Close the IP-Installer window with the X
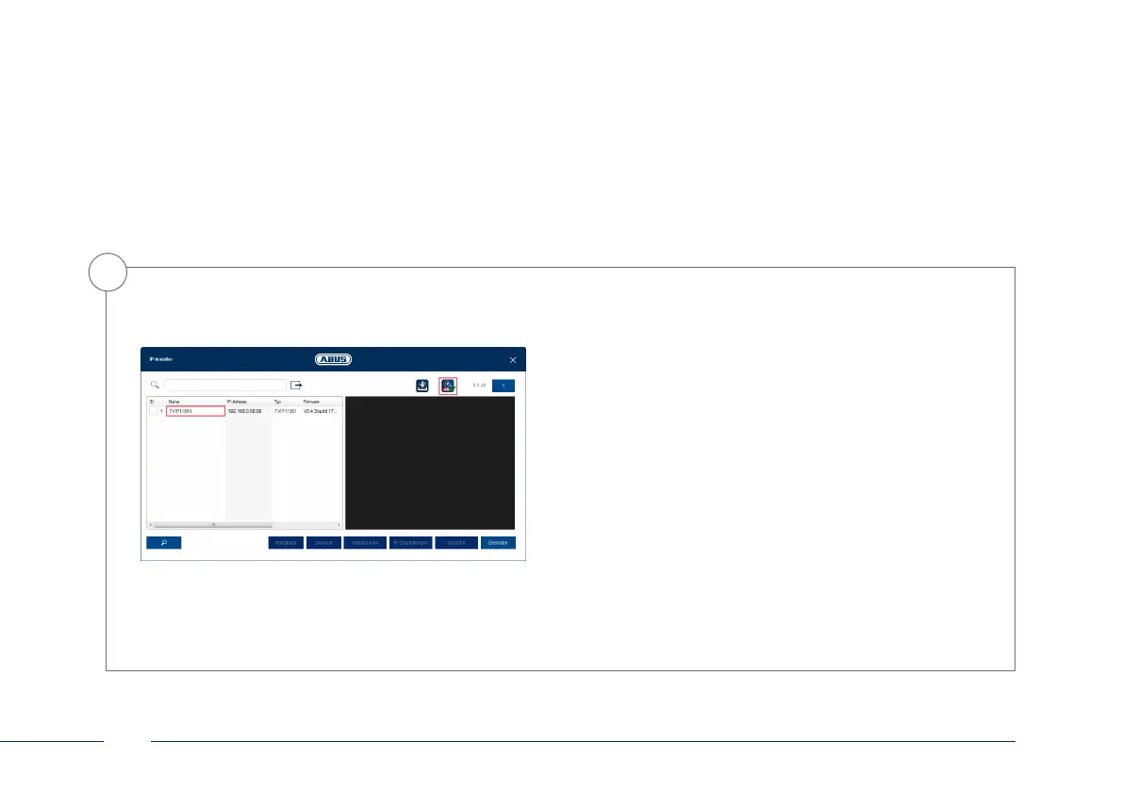(x=513, y=360)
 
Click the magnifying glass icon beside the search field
(x=155, y=385)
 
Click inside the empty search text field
(x=224, y=385)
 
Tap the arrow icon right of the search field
(x=296, y=385)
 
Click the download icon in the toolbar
(x=422, y=385)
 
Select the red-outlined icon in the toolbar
(x=448, y=385)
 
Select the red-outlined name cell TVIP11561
(x=195, y=411)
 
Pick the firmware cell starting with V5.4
(x=321, y=411)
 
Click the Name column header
(x=173, y=401)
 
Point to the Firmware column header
(x=312, y=401)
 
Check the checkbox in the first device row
(x=154, y=411)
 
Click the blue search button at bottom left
(x=163, y=543)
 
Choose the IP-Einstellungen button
(x=410, y=543)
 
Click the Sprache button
(x=456, y=543)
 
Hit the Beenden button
(x=498, y=543)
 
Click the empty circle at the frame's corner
(x=106, y=272)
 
